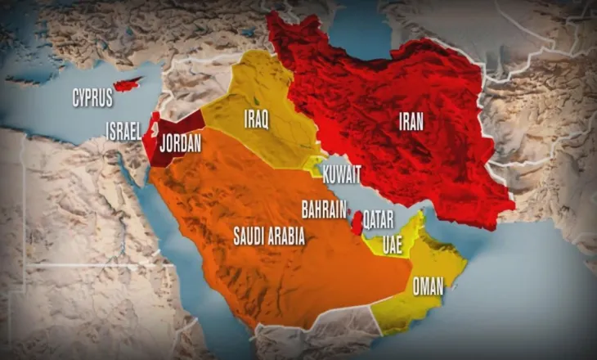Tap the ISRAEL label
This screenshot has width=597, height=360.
[x=123, y=130]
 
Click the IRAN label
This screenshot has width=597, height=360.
[x=411, y=123]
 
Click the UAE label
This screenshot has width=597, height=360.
[x=393, y=243]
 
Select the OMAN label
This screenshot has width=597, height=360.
[x=429, y=286]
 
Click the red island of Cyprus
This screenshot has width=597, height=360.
[x=128, y=84]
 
